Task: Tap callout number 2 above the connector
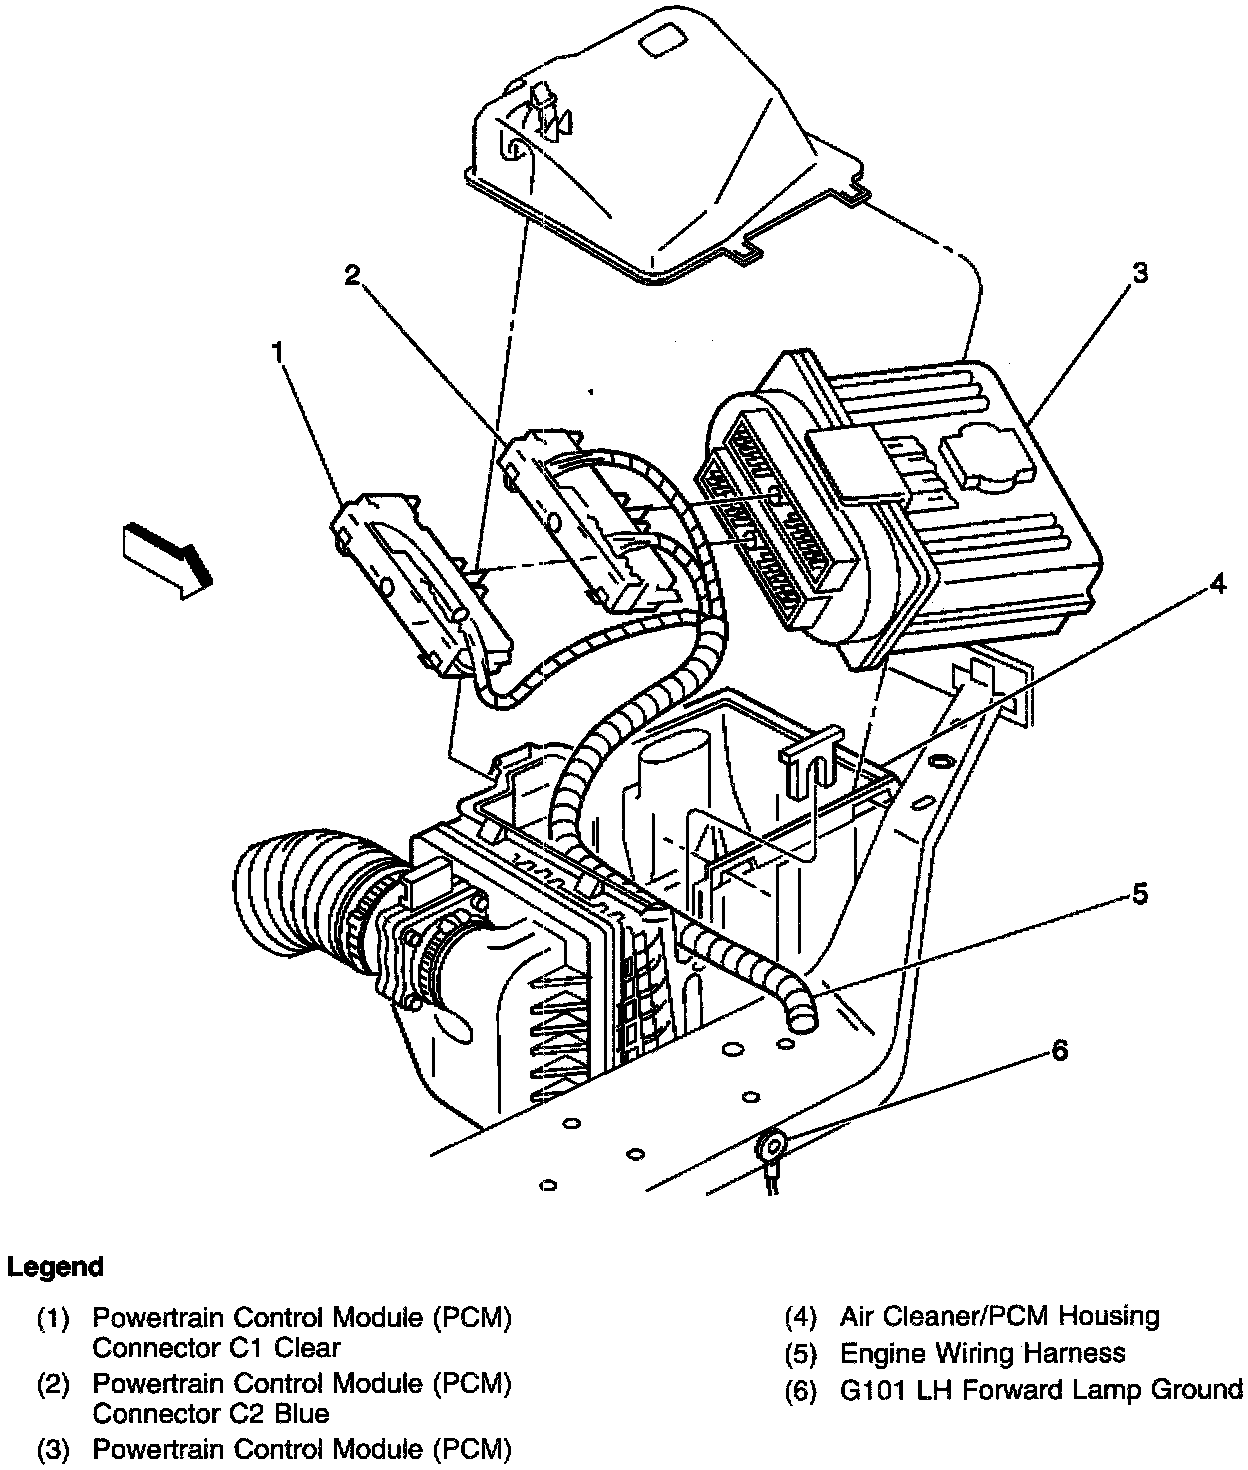[x=351, y=276]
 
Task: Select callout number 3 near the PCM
[x=1139, y=273]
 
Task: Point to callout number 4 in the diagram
[x=1216, y=583]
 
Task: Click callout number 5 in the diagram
[x=1140, y=894]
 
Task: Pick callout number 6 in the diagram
[x=1059, y=1050]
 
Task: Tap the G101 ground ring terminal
[x=772, y=1142]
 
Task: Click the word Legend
[x=56, y=1267]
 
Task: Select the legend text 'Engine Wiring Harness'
[x=982, y=1353]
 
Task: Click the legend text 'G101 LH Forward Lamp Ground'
[x=1040, y=1389]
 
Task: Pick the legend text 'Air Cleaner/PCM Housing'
[x=999, y=1316]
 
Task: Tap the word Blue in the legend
[x=300, y=1413]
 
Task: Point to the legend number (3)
[x=54, y=1448]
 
